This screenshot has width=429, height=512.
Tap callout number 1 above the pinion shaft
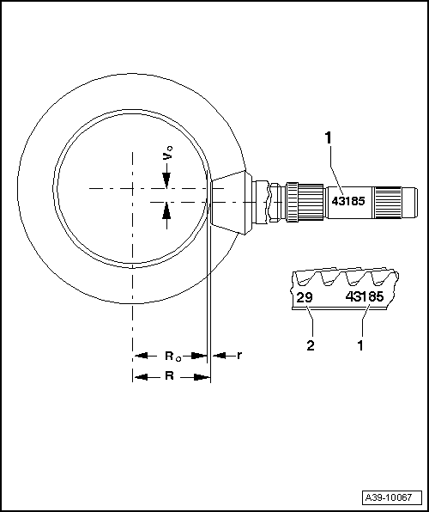pos(327,137)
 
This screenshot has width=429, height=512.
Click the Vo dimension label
pos(169,155)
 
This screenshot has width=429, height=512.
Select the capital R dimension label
pos(171,376)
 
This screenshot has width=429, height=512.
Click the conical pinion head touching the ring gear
pos(230,200)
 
